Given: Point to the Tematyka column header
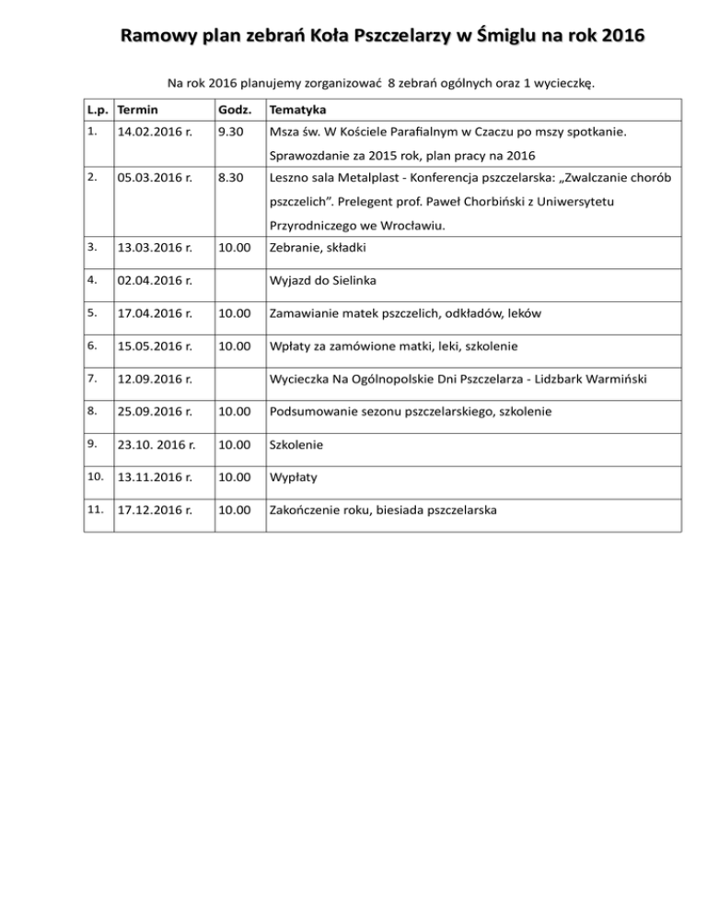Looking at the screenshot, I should pyautogui.click(x=296, y=109).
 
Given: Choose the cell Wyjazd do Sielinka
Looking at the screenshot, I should pyautogui.click(x=325, y=280).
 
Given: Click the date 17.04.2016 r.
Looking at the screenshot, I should pyautogui.click(x=156, y=313).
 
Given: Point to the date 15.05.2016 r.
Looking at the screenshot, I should pyautogui.click(x=156, y=346).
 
